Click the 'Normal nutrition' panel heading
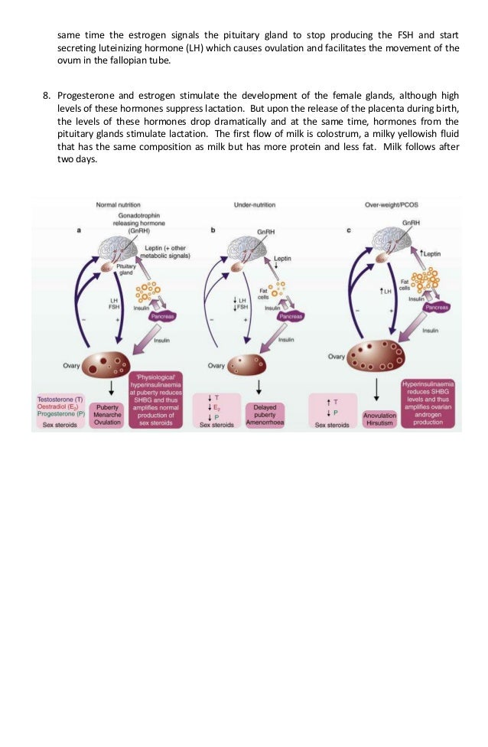point(116,205)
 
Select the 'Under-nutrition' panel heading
point(254,205)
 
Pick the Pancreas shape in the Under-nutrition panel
point(290,315)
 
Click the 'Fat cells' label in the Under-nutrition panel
point(262,294)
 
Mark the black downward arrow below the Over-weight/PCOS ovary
point(376,389)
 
